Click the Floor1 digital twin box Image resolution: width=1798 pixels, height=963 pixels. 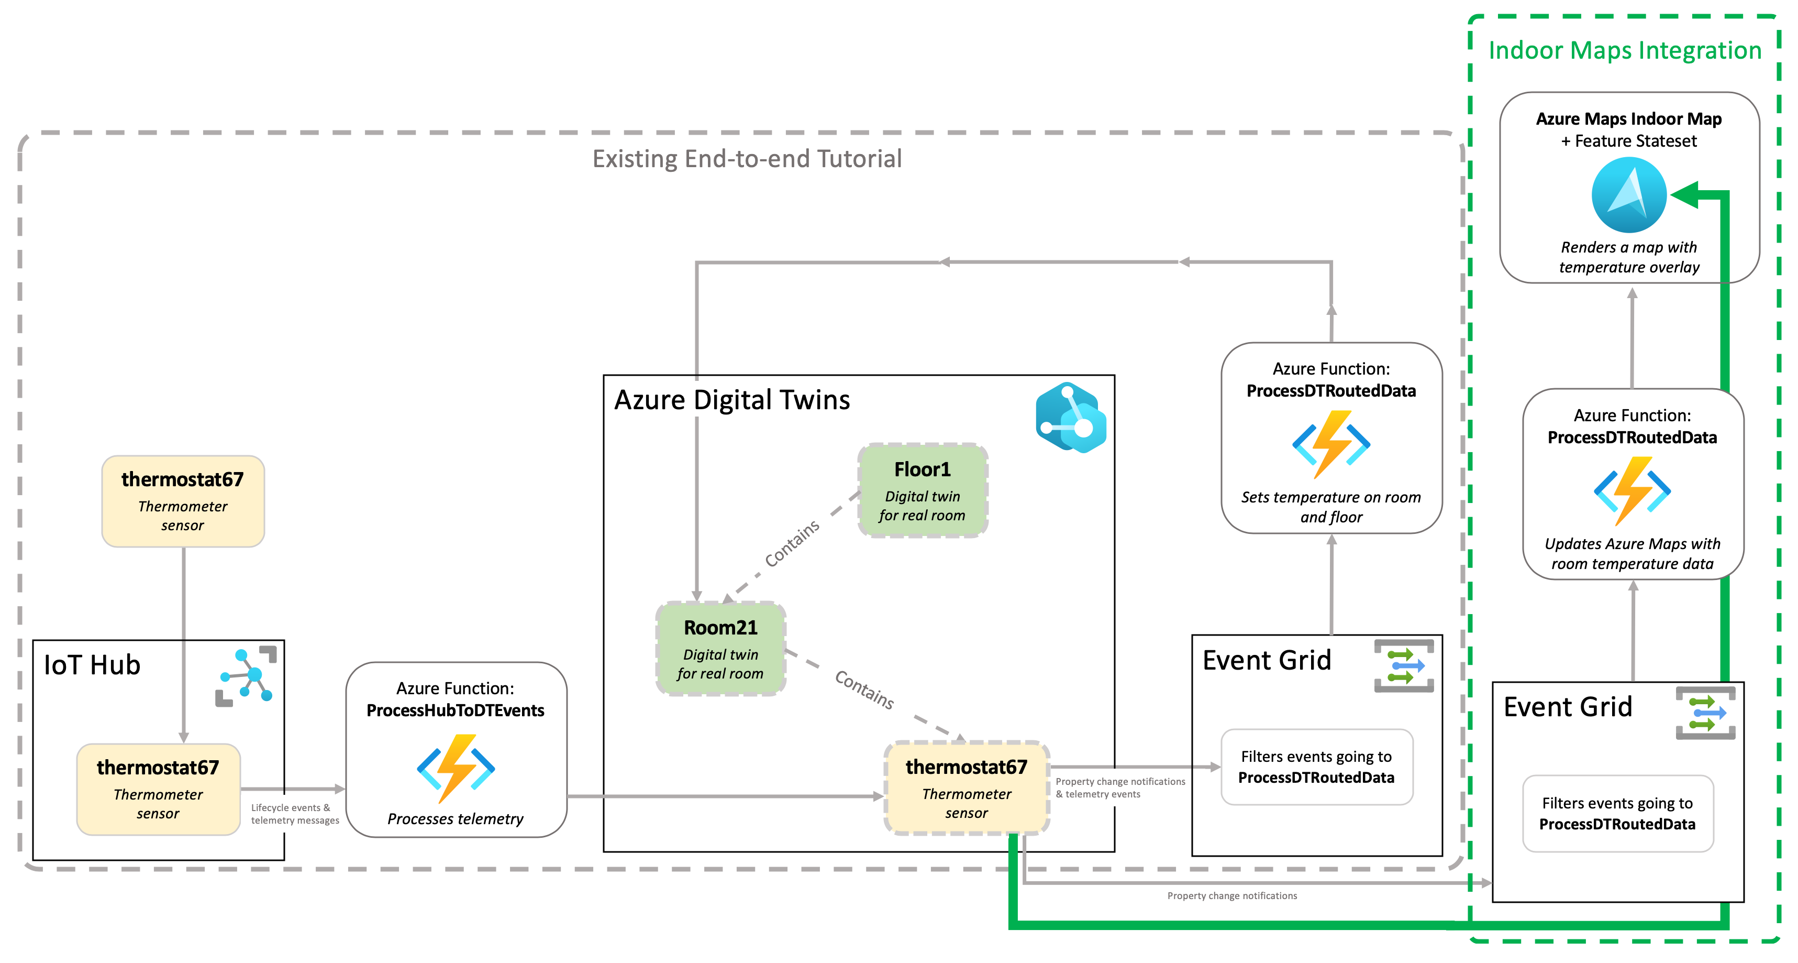pos(922,490)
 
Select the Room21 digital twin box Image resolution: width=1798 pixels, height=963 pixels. pos(720,649)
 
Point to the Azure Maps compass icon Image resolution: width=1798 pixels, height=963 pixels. pos(1628,195)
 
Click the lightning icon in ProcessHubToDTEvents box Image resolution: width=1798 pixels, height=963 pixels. pos(456,768)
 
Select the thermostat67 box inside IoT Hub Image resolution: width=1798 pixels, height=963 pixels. pos(159,789)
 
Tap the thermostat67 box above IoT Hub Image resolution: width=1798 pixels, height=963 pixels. pos(183,501)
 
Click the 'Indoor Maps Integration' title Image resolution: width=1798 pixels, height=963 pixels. pos(1625,50)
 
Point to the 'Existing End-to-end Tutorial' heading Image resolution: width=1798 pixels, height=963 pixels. pos(747,159)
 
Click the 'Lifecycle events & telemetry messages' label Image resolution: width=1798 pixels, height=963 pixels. pos(295,814)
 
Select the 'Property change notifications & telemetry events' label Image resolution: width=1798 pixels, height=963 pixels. pos(1119,787)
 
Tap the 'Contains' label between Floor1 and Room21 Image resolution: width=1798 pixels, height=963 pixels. pos(792,544)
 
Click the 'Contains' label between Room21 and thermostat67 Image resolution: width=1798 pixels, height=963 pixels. pos(864,690)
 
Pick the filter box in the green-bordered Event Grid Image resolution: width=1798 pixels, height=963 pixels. pos(1617,814)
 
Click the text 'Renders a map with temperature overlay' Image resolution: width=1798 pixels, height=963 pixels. pos(1629,257)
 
